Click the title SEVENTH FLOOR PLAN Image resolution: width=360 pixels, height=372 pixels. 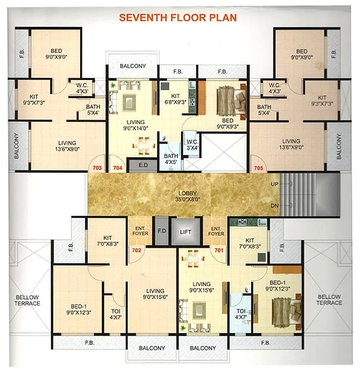(x=178, y=18)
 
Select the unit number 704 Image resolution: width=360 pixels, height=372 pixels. (x=117, y=168)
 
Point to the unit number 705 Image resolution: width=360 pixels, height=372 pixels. (x=258, y=168)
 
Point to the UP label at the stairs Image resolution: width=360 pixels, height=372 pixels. (x=274, y=184)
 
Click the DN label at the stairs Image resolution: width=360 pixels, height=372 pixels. (x=274, y=205)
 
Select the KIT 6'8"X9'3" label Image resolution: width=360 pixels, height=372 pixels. (x=175, y=98)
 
